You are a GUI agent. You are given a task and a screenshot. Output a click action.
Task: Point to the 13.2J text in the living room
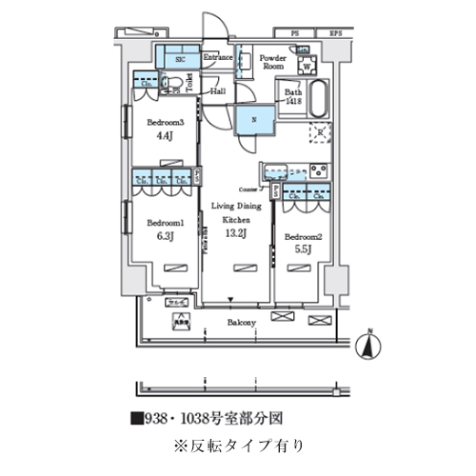[x=235, y=232]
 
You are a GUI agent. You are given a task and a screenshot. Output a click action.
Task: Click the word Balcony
[x=240, y=323]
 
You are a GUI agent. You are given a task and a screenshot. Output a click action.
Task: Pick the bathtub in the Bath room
[x=316, y=98]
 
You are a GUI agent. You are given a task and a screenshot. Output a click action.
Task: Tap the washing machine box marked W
[x=307, y=66]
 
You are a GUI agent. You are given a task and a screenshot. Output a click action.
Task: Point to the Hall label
[x=218, y=91]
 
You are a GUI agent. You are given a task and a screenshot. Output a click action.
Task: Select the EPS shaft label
[x=334, y=34]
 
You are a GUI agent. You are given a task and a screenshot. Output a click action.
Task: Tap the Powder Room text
[x=273, y=62]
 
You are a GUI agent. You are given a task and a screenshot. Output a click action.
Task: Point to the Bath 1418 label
[x=290, y=95]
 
